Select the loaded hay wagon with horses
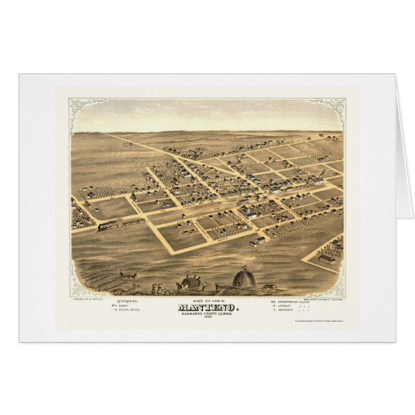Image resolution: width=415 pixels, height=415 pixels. (189, 282)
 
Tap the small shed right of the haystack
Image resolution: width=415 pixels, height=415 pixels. (268, 287)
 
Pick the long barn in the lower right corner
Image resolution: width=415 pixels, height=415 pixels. (327, 259)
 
